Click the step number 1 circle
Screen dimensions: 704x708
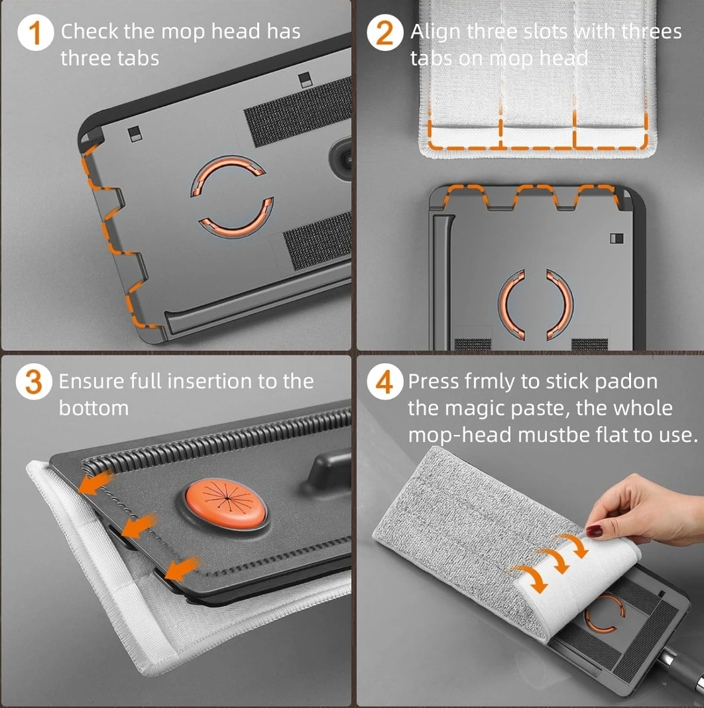tap(35, 32)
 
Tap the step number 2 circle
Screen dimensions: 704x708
tap(384, 32)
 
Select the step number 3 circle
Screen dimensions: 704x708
tap(34, 382)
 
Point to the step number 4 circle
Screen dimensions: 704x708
tap(384, 382)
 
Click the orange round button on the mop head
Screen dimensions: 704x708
tap(226, 503)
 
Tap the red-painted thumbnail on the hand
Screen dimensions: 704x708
tap(594, 530)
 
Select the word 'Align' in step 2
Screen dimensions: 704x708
tap(436, 32)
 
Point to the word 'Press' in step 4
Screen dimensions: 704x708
tap(434, 382)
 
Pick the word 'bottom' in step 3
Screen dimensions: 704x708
tap(94, 408)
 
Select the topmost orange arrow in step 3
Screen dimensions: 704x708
tap(95, 481)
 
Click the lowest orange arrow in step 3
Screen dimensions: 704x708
tap(182, 568)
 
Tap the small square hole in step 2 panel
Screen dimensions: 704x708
tap(616, 239)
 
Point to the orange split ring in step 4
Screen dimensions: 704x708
tap(605, 613)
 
